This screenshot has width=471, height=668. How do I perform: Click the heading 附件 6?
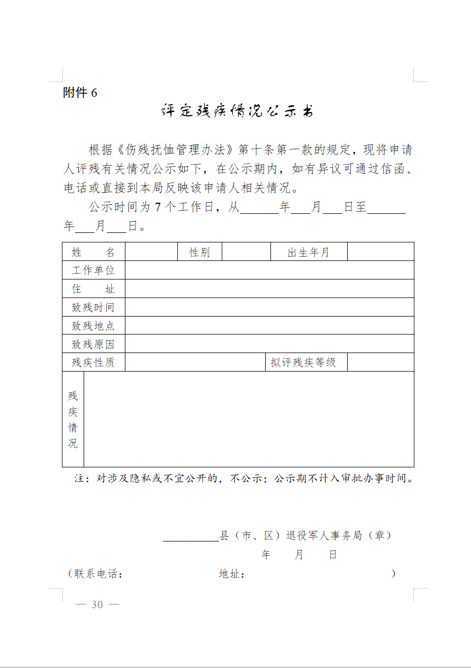point(80,93)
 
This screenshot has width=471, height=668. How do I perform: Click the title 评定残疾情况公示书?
point(237,112)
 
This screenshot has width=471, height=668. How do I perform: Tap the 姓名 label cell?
point(93,252)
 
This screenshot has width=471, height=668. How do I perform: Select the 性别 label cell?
point(200,252)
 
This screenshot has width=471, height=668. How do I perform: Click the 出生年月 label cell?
point(309,252)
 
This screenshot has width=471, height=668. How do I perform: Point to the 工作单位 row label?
point(93,270)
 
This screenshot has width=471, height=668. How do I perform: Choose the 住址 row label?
point(93,288)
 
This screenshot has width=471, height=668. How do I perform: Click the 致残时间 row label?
point(93,307)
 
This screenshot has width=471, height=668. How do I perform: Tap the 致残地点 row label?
point(93,326)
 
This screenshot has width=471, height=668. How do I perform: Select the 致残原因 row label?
point(93,344)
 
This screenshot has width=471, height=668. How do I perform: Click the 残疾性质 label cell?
point(93,363)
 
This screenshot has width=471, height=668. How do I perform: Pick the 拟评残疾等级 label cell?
point(303,363)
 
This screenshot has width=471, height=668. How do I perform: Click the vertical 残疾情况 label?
point(73,419)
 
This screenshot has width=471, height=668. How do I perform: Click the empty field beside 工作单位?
point(269,270)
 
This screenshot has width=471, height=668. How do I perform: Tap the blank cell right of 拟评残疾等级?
point(380,363)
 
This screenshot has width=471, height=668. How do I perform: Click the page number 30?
point(97,604)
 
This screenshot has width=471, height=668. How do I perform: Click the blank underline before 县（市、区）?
point(191,537)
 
